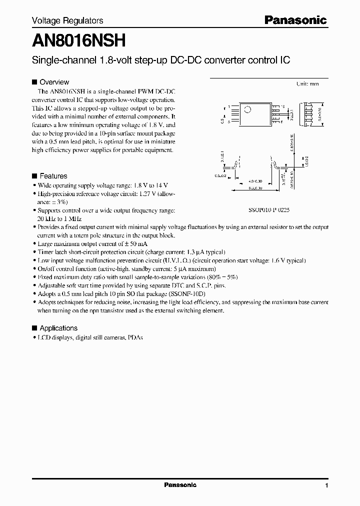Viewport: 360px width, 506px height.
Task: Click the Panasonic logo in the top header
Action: point(295,20)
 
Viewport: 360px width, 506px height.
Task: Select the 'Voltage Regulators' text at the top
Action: point(67,20)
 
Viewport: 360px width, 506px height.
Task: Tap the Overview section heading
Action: point(54,82)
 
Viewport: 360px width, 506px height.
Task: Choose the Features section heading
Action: point(53,176)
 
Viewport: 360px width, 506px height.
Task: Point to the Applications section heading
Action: point(58,328)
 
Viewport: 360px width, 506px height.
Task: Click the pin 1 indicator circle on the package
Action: point(247,109)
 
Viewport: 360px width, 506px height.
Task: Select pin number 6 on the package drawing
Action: point(281,121)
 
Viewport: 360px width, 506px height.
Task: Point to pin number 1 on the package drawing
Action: point(229,106)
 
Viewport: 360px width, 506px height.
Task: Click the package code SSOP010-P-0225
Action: point(269,211)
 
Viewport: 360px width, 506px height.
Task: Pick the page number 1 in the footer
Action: point(326,485)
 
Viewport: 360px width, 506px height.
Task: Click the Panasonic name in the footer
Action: point(180,485)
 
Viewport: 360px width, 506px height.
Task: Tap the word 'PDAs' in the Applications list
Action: point(134,337)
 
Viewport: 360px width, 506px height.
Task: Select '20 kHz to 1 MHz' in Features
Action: point(59,218)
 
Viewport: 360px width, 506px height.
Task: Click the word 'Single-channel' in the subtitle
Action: point(56,60)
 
